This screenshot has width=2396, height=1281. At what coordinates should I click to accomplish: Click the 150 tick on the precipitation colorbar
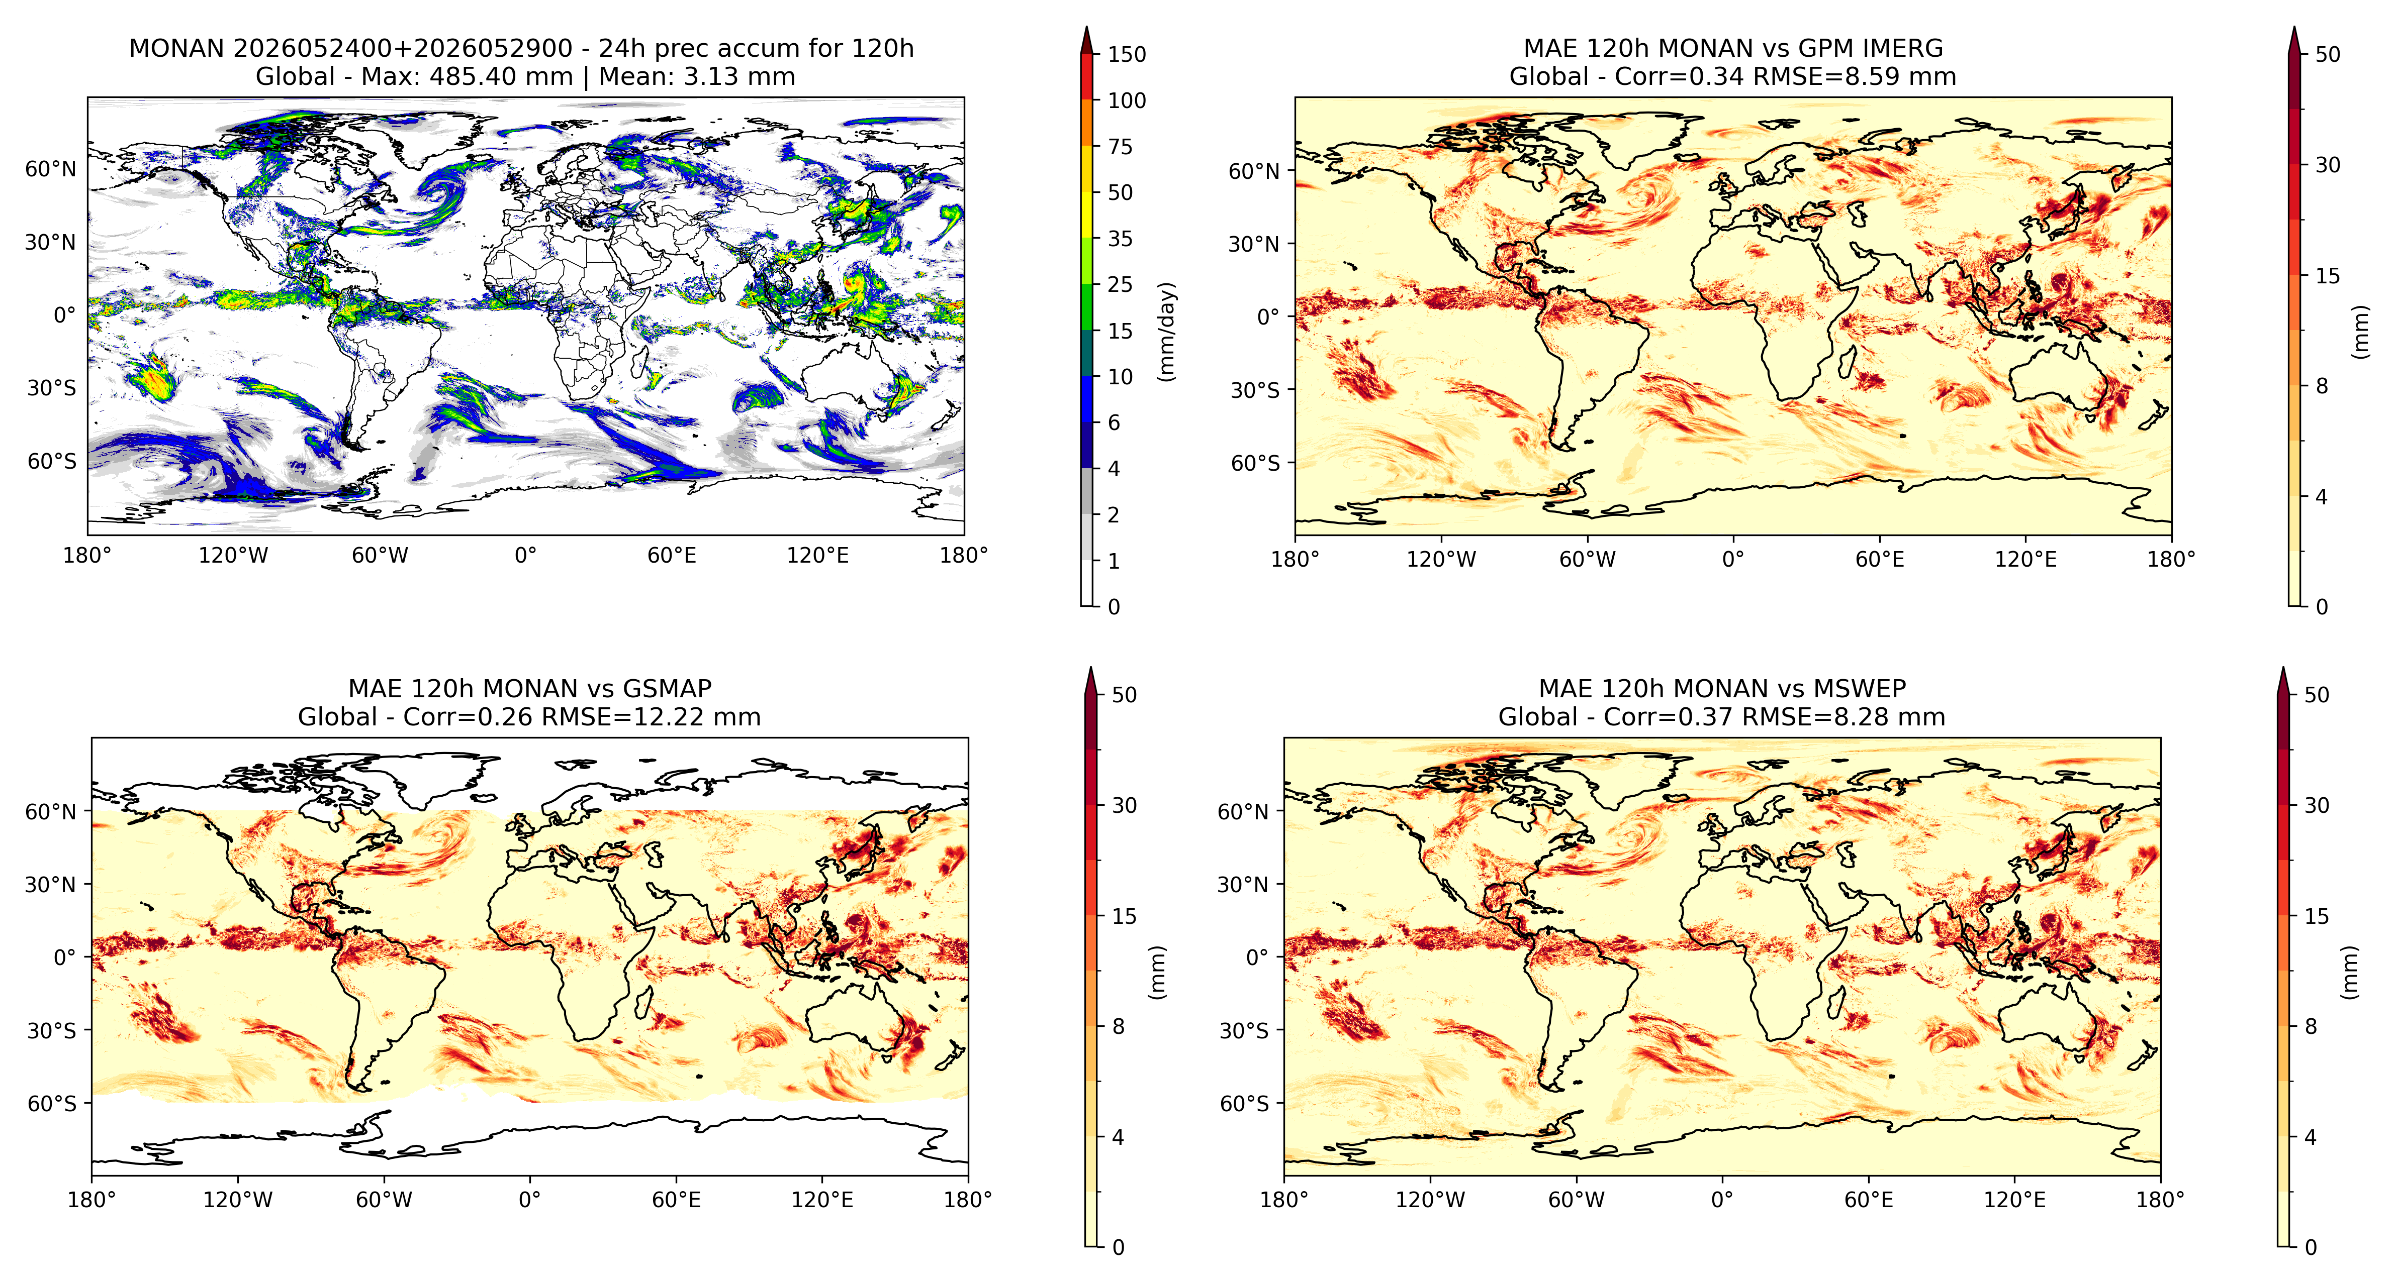pyautogui.click(x=1127, y=54)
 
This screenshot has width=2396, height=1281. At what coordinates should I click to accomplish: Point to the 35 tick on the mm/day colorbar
pyautogui.click(x=1120, y=239)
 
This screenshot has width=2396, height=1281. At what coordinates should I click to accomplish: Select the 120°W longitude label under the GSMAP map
pyautogui.click(x=238, y=1199)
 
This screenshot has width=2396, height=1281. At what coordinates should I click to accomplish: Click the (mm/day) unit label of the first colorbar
pyautogui.click(x=1166, y=331)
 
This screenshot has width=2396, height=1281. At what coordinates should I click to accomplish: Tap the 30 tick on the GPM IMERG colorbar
pyautogui.click(x=2327, y=165)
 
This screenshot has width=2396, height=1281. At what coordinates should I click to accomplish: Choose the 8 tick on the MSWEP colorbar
pyautogui.click(x=2311, y=1026)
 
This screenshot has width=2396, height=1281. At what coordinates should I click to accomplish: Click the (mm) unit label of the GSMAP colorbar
pyautogui.click(x=1156, y=973)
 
